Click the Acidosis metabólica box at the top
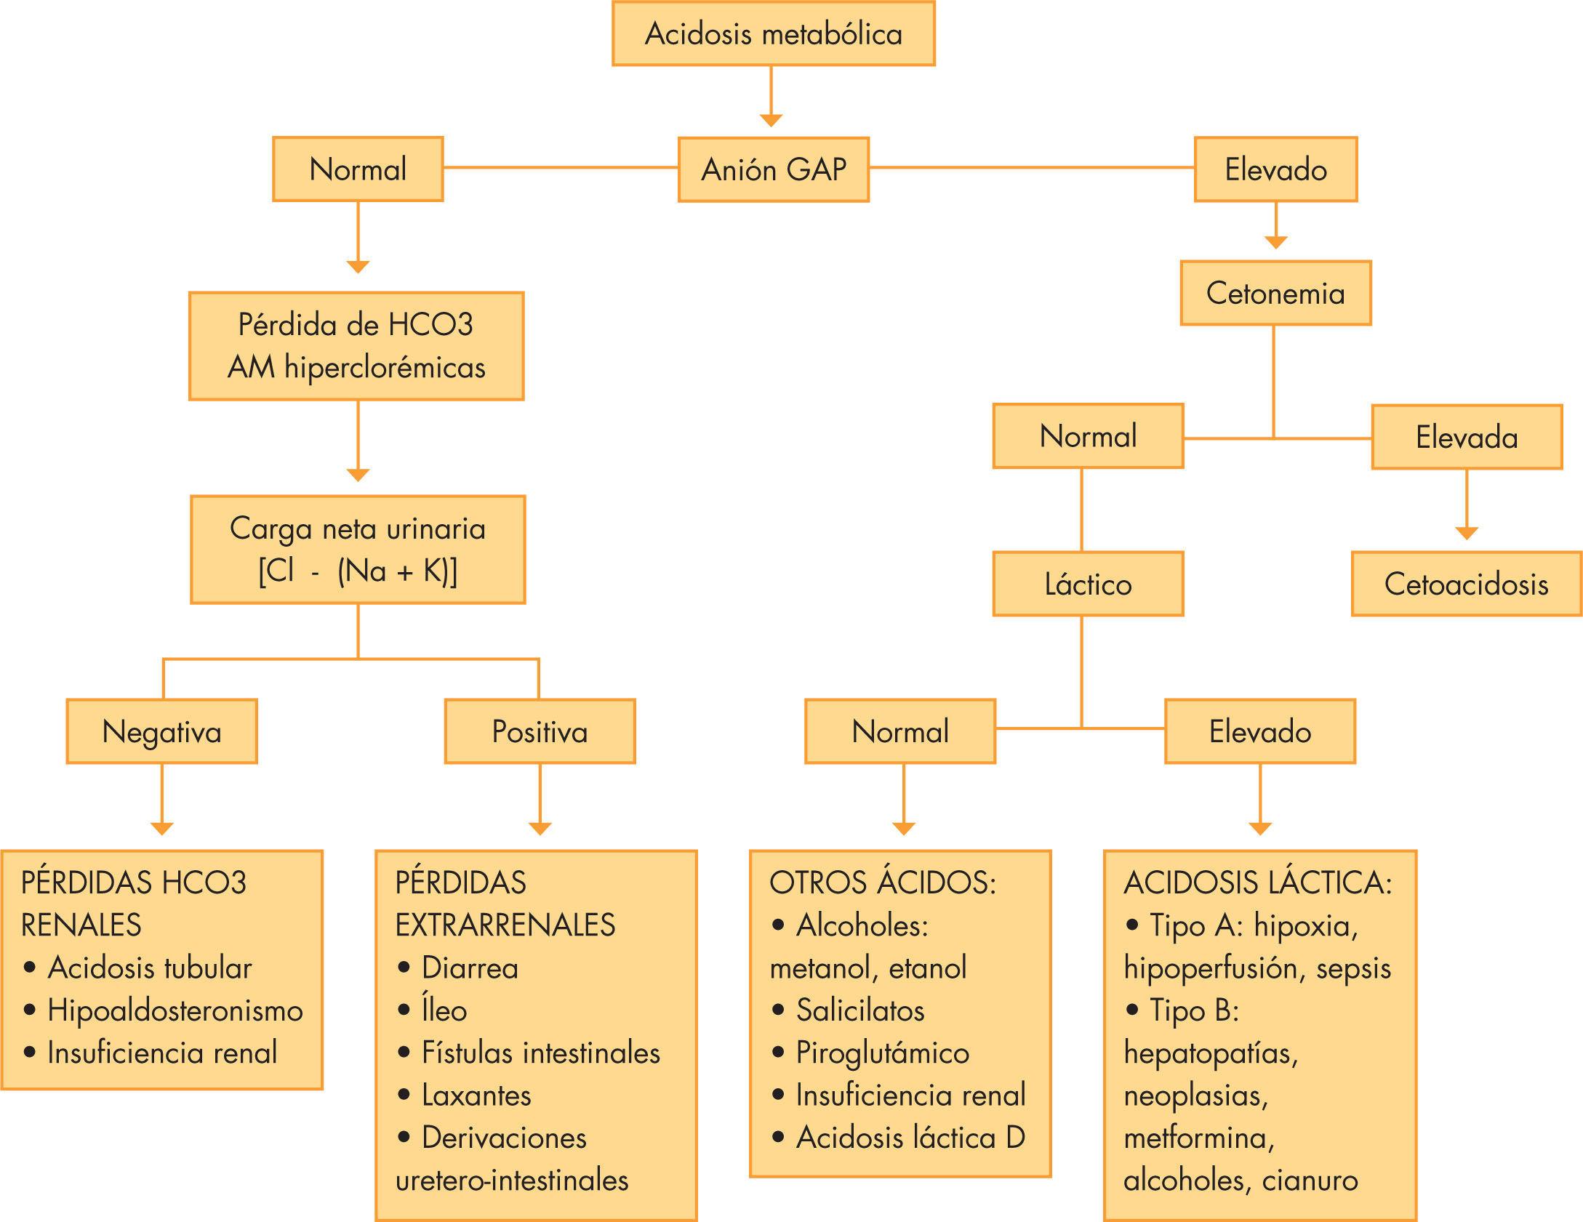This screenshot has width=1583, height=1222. [773, 34]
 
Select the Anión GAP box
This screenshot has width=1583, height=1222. [773, 169]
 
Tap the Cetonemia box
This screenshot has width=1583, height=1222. [1275, 293]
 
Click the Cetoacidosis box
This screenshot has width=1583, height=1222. [1466, 584]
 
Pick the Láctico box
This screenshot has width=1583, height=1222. [1088, 584]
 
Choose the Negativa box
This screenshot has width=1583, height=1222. [161, 731]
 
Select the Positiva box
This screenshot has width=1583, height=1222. [540, 731]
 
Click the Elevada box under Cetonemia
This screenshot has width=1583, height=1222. [1466, 437]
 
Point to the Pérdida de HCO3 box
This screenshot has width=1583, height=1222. [356, 346]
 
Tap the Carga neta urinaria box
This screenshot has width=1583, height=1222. [357, 550]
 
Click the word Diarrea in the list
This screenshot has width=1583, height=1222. [470, 968]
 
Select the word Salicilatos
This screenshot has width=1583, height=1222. [859, 1010]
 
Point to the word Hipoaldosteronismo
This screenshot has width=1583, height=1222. [175, 1010]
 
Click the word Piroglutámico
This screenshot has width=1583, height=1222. [882, 1053]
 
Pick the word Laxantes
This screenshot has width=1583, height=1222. [476, 1095]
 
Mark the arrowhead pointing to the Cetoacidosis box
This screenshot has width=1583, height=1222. [1467, 534]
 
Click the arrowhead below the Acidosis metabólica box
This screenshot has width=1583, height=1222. [771, 120]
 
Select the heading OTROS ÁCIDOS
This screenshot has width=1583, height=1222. [882, 883]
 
